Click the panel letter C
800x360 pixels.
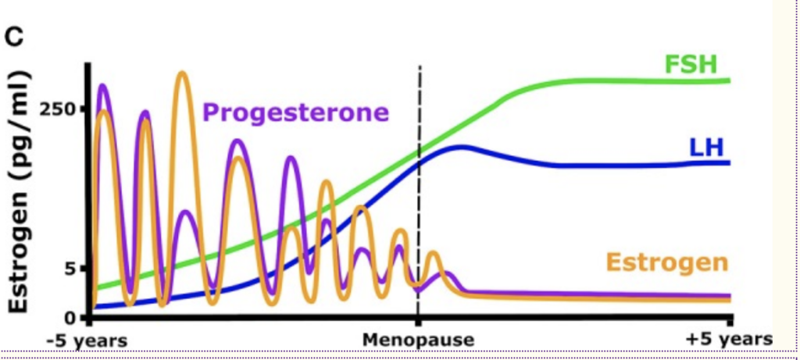pyautogui.click(x=15, y=36)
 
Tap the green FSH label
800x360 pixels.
pyautogui.click(x=691, y=65)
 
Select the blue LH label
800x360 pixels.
pyautogui.click(x=706, y=147)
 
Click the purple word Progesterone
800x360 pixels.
pyautogui.click(x=296, y=112)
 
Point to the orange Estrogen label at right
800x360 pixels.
pyautogui.click(x=667, y=262)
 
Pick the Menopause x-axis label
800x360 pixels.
pyautogui.click(x=419, y=340)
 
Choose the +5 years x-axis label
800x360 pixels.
pyautogui.click(x=729, y=339)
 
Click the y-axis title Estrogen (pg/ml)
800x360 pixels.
pyautogui.click(x=19, y=192)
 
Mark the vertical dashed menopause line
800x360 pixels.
pyautogui.click(x=419, y=193)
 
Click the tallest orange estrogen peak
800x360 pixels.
pyautogui.click(x=182, y=74)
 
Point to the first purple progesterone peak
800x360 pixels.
pyautogui.click(x=103, y=86)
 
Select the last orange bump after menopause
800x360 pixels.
pyautogui.click(x=433, y=254)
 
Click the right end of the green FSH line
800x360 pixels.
pyautogui.click(x=730, y=80)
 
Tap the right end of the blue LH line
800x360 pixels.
pyautogui.click(x=730, y=162)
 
